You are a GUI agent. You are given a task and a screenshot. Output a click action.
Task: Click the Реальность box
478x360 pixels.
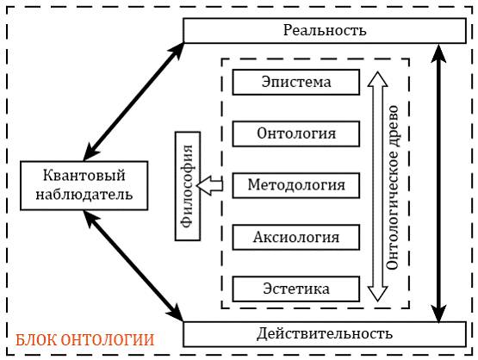point(325,30)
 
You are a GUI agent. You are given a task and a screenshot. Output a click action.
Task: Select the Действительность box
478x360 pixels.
point(325,334)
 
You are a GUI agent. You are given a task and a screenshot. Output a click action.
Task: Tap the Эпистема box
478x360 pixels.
point(296,83)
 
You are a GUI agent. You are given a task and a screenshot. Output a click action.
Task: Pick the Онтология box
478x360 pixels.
point(296,133)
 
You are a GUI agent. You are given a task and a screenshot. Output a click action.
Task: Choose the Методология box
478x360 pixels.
point(296,185)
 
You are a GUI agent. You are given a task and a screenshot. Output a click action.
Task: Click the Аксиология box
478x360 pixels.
point(296,238)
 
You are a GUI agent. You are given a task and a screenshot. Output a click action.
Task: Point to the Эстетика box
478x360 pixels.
point(296,289)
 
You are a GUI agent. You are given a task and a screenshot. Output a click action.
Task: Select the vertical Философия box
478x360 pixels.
point(188,186)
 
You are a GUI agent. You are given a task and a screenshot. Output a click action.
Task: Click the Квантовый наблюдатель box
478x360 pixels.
point(84,186)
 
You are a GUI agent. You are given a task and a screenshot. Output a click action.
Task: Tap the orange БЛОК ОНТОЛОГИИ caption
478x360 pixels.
point(85,340)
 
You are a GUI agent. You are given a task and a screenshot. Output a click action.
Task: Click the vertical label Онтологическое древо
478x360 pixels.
point(393,187)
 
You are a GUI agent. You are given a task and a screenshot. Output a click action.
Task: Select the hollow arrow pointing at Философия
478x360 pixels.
point(210,185)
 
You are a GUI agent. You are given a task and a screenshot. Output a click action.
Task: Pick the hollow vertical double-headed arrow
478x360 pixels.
point(378,187)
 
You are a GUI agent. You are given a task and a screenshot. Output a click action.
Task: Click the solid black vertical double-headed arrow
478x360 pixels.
point(438,183)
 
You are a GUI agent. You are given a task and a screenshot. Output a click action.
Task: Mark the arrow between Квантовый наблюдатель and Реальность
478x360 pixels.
point(133,102)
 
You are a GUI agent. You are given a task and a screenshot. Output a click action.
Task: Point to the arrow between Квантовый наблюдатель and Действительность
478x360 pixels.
point(133,265)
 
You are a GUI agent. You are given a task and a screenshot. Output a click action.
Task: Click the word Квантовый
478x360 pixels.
point(84,176)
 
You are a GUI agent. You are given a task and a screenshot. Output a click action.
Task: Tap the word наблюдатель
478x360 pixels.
point(84,195)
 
